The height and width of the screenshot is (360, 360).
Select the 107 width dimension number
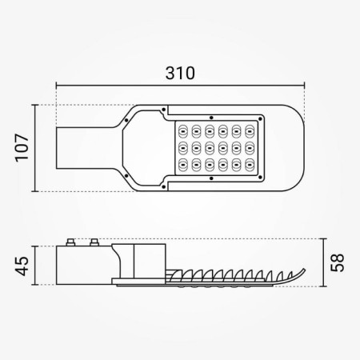click(23, 147)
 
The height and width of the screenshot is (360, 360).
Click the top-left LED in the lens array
click(183, 130)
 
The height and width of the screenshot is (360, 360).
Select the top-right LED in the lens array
click(250, 130)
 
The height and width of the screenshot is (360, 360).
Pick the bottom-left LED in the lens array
click(183, 164)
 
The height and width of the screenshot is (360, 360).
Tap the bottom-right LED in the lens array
click(250, 164)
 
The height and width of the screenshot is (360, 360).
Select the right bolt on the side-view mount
click(95, 242)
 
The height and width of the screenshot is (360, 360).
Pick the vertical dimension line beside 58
click(322, 262)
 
